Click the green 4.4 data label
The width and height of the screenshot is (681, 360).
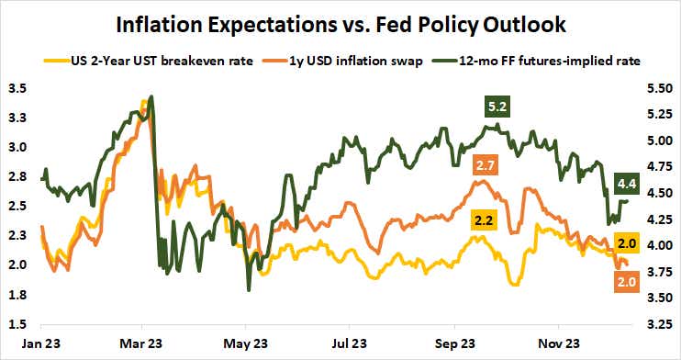[x=628, y=180]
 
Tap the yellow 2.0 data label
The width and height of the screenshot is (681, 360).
[x=627, y=242]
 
